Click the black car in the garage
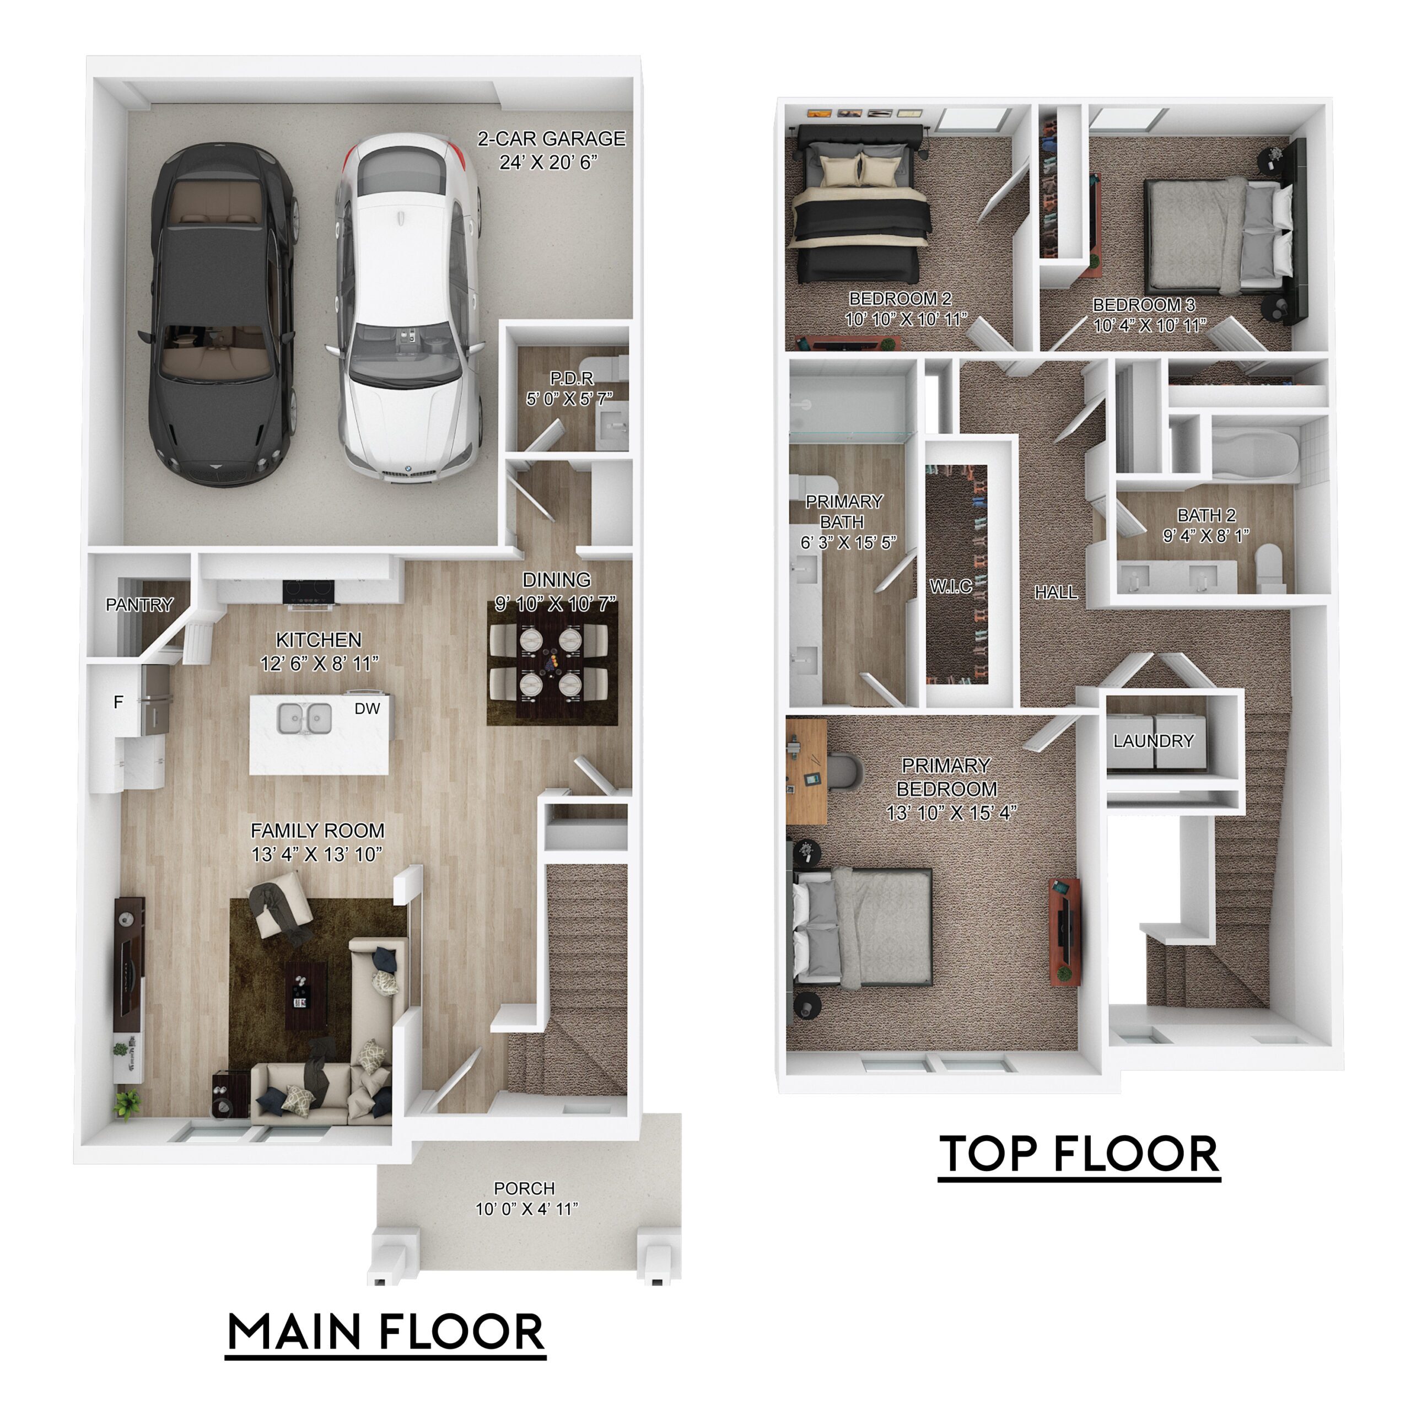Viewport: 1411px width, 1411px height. point(221,314)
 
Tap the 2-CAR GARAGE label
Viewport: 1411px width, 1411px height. point(551,139)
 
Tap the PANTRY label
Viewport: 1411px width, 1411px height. point(139,605)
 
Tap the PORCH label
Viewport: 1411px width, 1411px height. point(524,1188)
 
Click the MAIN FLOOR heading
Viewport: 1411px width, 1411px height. point(386,1332)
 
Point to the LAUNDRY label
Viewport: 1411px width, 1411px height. point(1153,741)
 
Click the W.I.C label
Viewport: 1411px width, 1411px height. point(951,586)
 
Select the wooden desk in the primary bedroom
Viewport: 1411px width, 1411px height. point(806,771)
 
